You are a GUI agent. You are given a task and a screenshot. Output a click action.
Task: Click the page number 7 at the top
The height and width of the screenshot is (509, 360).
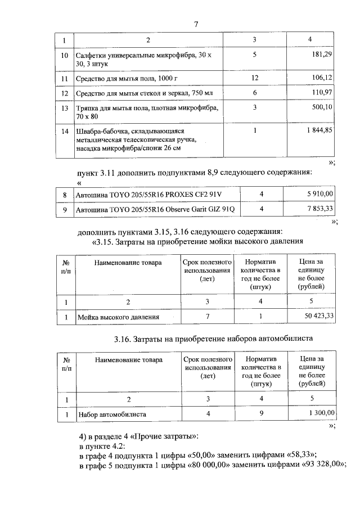tap(195, 25)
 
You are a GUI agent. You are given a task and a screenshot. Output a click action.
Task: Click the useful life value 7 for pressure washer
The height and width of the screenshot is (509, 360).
tap(208, 317)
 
